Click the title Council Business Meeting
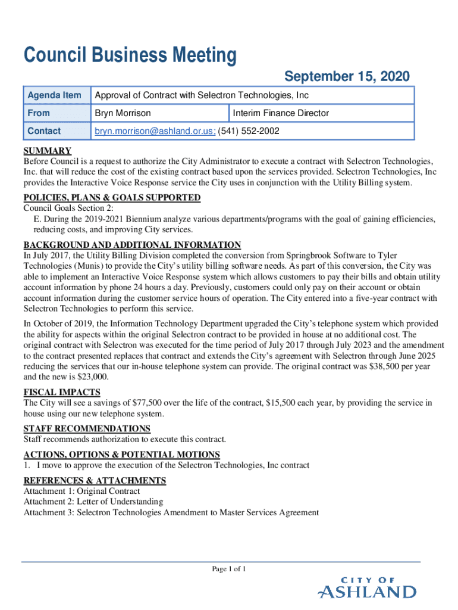(x=130, y=56)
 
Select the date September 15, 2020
(x=347, y=77)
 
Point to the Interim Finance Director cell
(x=281, y=113)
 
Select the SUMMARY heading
(x=48, y=151)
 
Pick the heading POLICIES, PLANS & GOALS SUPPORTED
(x=112, y=198)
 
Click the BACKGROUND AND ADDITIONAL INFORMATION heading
(x=132, y=245)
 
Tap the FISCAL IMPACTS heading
(x=62, y=392)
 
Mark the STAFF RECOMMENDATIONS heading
(x=87, y=428)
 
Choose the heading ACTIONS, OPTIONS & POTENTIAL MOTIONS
(x=121, y=455)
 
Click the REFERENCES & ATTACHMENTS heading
(x=95, y=480)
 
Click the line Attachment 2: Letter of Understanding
(x=93, y=502)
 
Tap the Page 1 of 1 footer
(x=229, y=569)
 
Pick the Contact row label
(x=44, y=131)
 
